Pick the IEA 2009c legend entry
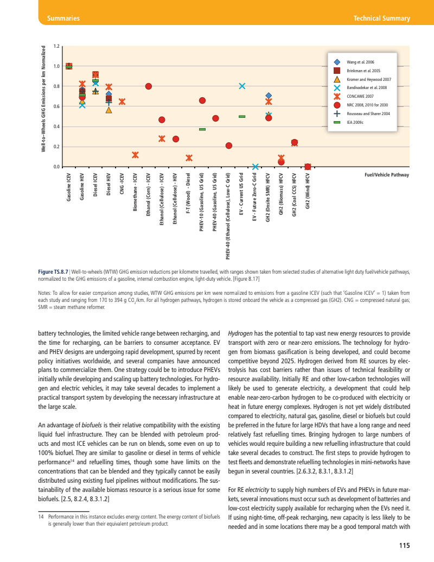(x=355, y=122)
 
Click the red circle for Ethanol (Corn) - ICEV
(x=149, y=86)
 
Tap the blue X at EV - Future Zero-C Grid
(x=256, y=166)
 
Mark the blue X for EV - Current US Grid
(x=242, y=86)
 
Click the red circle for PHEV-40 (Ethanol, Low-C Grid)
(x=229, y=146)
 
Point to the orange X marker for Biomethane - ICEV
(x=135, y=155)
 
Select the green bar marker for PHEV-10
(x=202, y=129)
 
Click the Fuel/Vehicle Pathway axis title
(x=386, y=175)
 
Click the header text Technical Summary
(x=381, y=18)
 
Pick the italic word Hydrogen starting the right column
(x=240, y=333)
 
